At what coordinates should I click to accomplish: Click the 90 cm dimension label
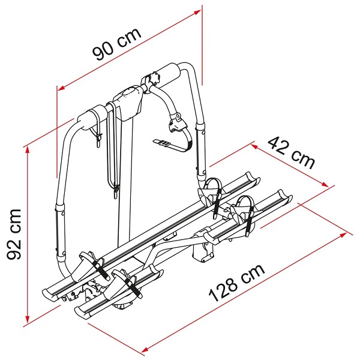[116, 44]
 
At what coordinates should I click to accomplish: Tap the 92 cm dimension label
[14, 234]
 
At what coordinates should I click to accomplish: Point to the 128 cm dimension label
[237, 283]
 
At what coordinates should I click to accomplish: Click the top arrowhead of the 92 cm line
[28, 149]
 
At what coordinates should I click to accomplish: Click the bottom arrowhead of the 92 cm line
[28, 320]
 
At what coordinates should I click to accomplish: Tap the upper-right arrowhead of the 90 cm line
[197, 12]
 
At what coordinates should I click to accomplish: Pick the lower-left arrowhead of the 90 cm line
[61, 88]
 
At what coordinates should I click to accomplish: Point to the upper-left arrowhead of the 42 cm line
[254, 146]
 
